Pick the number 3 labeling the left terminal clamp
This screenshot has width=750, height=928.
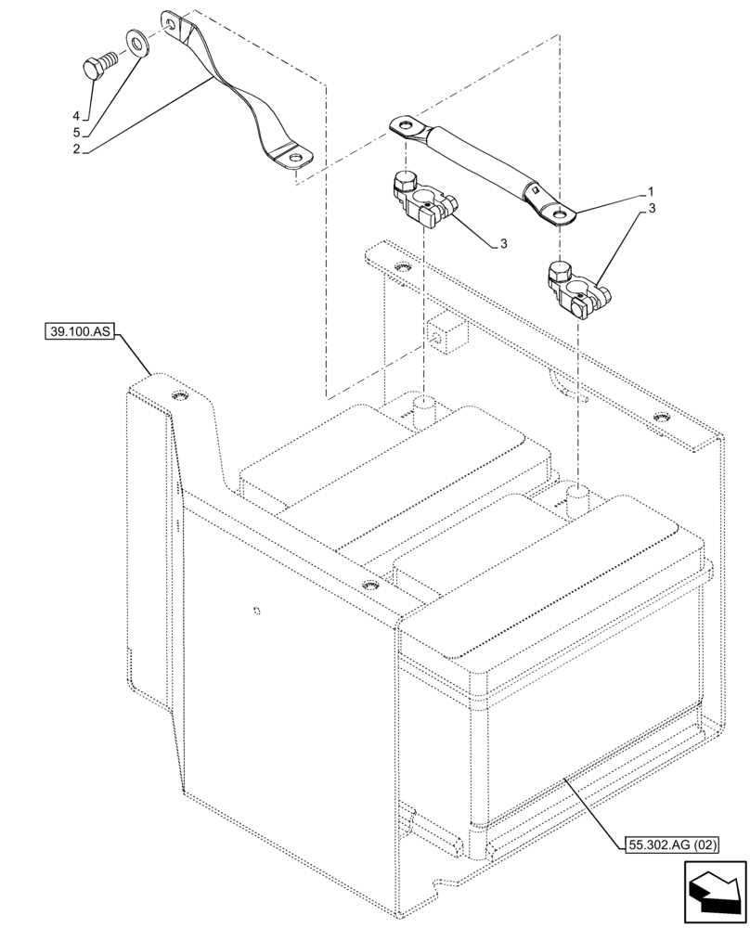502,243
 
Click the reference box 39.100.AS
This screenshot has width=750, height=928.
77,330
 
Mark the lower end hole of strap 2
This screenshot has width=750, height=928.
295,159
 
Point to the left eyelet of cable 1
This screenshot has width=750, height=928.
404,124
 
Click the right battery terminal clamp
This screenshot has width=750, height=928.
575,287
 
